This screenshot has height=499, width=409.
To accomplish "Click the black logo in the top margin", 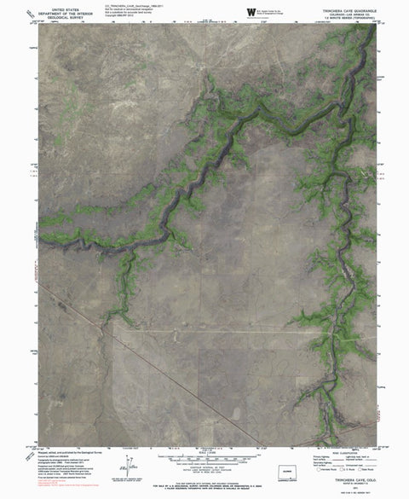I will click(251, 10).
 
